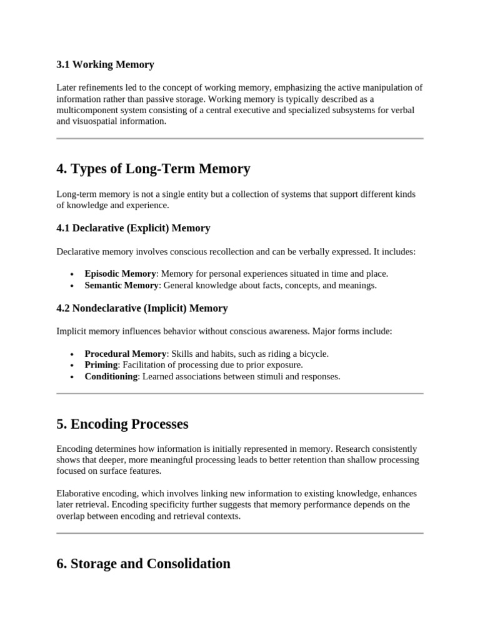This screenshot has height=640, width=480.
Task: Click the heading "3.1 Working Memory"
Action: tap(105, 64)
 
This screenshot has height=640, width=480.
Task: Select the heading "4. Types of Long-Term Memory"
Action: tap(153, 168)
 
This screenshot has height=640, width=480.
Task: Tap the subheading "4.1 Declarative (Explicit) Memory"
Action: tap(133, 228)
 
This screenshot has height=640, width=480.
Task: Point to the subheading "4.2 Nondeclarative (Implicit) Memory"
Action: tap(142, 308)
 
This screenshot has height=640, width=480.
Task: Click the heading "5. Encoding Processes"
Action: tap(122, 424)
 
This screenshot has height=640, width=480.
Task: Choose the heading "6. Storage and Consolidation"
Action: tap(143, 563)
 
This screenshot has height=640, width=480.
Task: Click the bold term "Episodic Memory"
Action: tap(120, 274)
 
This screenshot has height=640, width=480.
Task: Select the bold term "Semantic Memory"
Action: tap(121, 285)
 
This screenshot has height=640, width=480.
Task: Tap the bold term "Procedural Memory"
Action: tap(126, 354)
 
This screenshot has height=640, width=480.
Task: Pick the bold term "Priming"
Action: tap(101, 365)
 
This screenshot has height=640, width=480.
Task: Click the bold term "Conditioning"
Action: tap(111, 376)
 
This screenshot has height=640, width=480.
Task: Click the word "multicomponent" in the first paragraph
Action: tap(86, 110)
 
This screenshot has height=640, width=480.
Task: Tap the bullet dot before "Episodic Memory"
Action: tap(73, 274)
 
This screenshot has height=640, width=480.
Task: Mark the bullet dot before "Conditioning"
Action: tap(73, 377)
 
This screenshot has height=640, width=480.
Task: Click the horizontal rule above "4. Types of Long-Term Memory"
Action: tap(240, 138)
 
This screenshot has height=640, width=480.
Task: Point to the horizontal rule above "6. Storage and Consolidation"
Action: tap(240, 533)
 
